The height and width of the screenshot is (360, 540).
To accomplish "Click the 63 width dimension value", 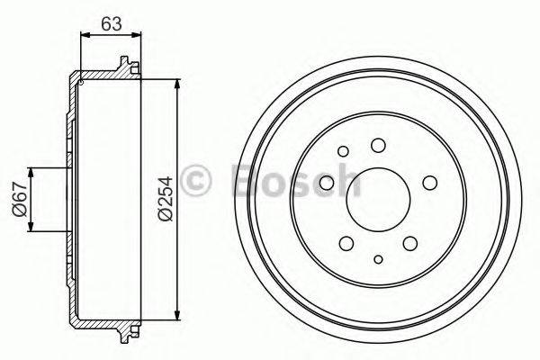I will click(112, 24).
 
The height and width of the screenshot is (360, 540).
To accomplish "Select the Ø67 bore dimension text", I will click(19, 200).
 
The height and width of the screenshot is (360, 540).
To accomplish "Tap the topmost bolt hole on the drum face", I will click(378, 145).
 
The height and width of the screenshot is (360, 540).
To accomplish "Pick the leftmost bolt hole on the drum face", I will click(327, 184).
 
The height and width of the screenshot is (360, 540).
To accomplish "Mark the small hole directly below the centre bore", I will click(379, 260).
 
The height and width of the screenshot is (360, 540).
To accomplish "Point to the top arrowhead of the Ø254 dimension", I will click(175, 84).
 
